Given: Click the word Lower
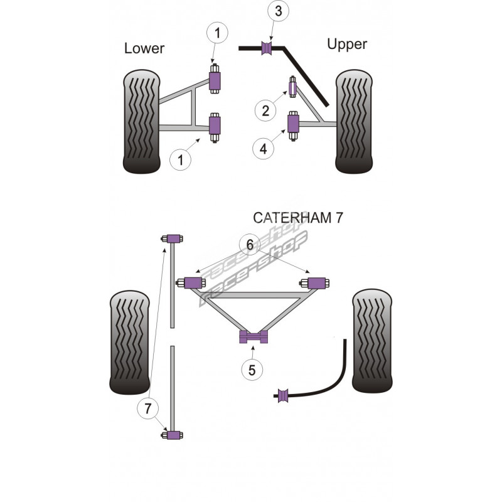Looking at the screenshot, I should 144,48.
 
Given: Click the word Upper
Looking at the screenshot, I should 346,44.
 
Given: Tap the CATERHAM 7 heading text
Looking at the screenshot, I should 298,218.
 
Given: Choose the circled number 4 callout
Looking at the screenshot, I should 264,149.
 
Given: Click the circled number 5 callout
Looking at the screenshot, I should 252,370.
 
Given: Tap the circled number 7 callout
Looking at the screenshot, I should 147,409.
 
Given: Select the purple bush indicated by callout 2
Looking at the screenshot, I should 292,86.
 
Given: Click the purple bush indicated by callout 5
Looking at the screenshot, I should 254,337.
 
